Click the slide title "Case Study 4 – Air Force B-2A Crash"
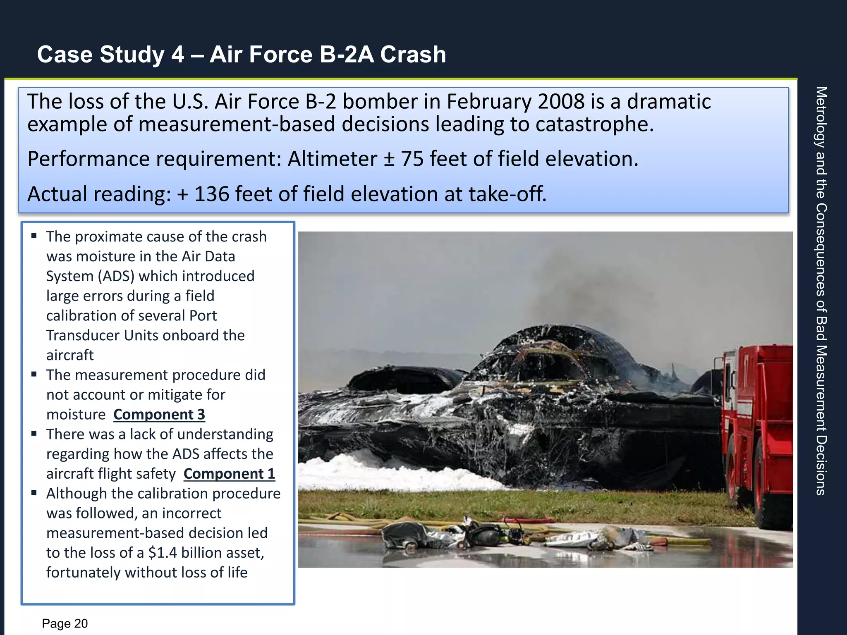242,54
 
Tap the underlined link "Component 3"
159,414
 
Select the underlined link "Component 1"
229,473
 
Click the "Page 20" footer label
65,623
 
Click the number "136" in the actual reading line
211,194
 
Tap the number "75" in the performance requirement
412,159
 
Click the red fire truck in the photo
756,434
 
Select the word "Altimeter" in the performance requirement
332,159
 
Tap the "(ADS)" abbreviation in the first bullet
116,276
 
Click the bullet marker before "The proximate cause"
34,236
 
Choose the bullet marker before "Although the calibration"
34,493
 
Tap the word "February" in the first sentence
489,102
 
